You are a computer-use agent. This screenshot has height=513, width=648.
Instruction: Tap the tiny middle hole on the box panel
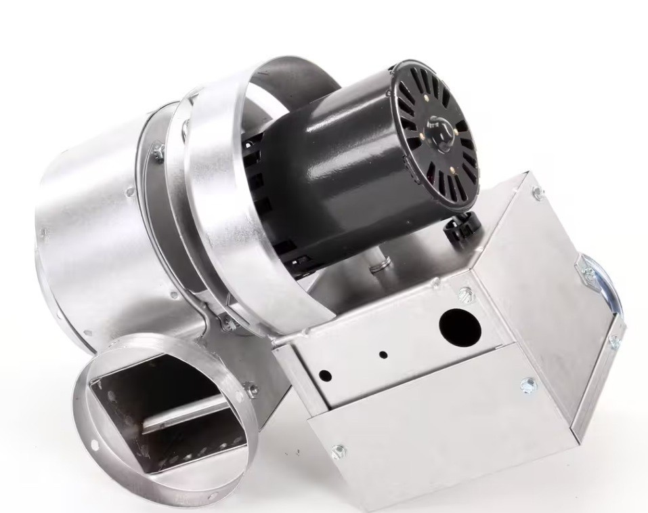tap(383, 354)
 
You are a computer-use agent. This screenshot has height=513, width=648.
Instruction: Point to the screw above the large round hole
tap(465, 293)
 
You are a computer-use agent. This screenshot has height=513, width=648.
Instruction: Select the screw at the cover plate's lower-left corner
tap(337, 450)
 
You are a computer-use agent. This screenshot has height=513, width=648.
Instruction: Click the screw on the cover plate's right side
tap(528, 386)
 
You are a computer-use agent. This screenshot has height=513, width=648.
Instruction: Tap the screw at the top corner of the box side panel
tap(537, 192)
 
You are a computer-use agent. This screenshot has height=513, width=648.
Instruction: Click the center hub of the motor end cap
tap(439, 130)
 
